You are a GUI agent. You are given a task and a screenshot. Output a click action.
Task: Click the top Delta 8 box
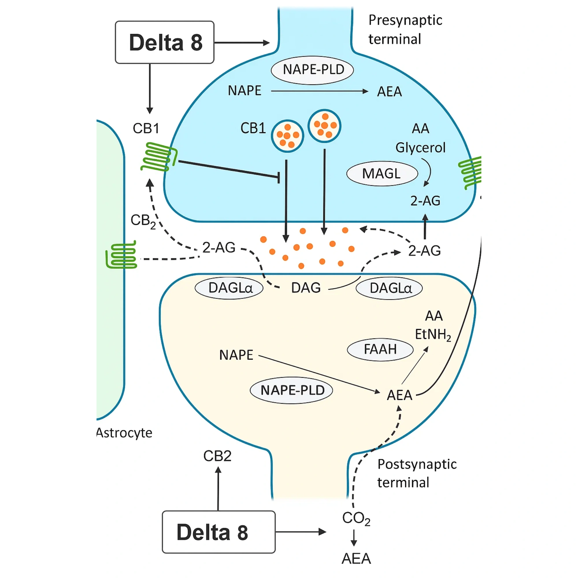pos(164,42)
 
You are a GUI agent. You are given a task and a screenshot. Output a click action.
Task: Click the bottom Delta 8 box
pos(218,532)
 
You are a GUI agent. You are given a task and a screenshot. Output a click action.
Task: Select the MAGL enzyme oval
pos(382,174)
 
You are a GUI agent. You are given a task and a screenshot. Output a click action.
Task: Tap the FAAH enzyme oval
pos(380,349)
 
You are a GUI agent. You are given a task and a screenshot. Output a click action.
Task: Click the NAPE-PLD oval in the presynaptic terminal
pos(312,70)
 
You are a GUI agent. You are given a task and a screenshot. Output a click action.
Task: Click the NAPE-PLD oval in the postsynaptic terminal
pos(291,390)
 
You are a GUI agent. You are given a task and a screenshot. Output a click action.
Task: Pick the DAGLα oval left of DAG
pos(229,288)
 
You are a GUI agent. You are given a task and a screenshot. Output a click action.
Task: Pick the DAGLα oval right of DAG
pos(389,288)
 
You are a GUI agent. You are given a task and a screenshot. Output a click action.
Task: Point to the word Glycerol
pos(420,147)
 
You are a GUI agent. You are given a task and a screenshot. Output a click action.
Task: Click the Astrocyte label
pos(125,433)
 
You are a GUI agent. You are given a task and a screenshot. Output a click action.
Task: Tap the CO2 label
pos(356,518)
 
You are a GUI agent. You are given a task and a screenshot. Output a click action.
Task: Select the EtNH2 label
pos(433,334)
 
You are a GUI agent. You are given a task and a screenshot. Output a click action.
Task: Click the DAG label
pos(306,288)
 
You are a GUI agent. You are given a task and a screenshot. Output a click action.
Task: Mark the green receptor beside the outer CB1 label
pos(159,157)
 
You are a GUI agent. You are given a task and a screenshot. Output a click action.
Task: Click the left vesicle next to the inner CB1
pos(287,136)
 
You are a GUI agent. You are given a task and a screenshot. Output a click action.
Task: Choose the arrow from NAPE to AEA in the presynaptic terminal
pos(319,91)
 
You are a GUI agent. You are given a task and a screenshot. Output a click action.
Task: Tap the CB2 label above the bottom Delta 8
pos(217,456)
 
